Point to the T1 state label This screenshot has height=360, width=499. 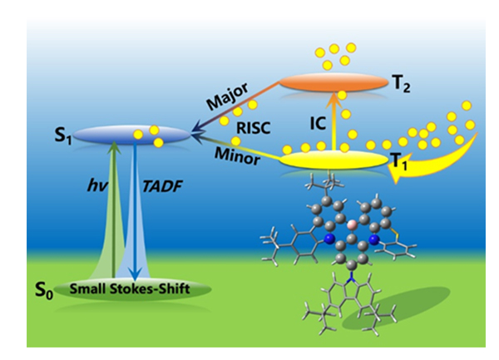pos(401,165)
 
